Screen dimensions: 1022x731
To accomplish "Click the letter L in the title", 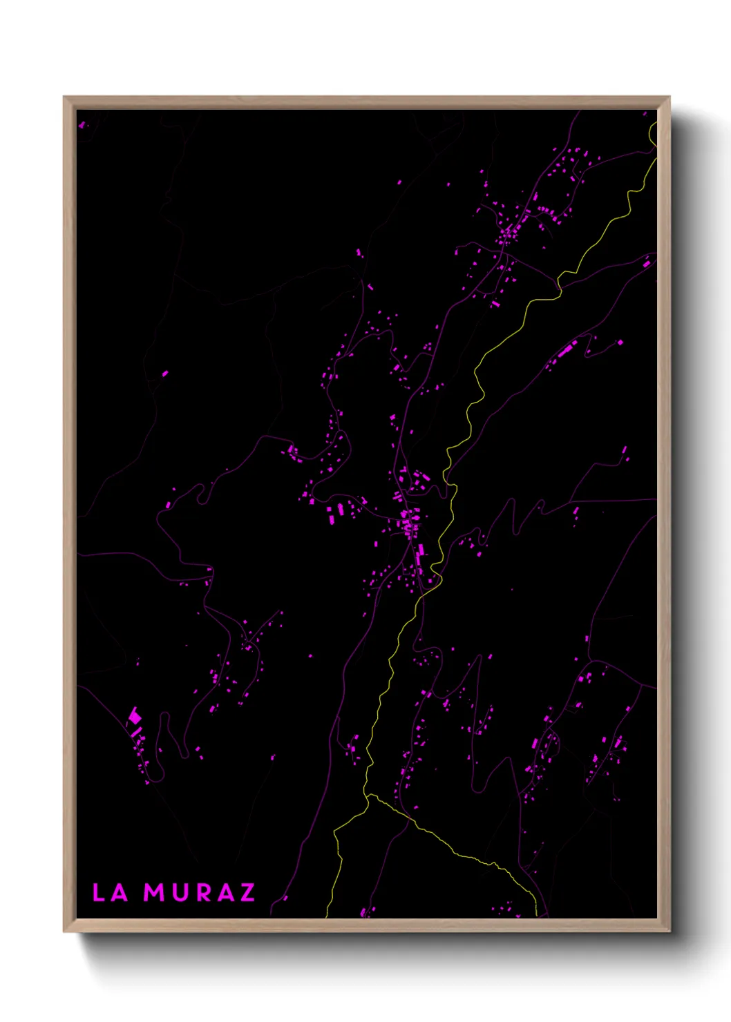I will (x=99, y=892).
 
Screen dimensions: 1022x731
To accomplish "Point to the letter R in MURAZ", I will (x=203, y=892).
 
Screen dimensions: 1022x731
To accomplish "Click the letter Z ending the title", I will (x=247, y=892).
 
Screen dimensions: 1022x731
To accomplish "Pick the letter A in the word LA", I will (x=120, y=892).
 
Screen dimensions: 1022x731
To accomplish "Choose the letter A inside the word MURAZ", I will (x=225, y=892).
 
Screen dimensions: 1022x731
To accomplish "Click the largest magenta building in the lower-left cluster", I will (x=135, y=717).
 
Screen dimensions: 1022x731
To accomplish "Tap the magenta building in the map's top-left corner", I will (x=82, y=125).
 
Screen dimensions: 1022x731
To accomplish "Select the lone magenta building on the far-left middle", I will (x=165, y=374).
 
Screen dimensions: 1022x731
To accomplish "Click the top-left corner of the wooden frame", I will (x=64, y=97).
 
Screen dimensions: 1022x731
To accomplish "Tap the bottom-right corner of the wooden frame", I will (x=669, y=931).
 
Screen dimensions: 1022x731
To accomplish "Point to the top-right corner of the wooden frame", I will (x=669, y=97).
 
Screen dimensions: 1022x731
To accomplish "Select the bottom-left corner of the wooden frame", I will (x=64, y=931).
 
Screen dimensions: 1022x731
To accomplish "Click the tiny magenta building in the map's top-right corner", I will (x=645, y=114).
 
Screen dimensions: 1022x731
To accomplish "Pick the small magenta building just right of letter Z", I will (x=285, y=898).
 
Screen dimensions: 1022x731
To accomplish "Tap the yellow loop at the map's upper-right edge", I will (x=652, y=135).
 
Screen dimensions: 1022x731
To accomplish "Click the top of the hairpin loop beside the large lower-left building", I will (x=164, y=715).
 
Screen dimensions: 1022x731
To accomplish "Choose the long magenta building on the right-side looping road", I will (x=565, y=350).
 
